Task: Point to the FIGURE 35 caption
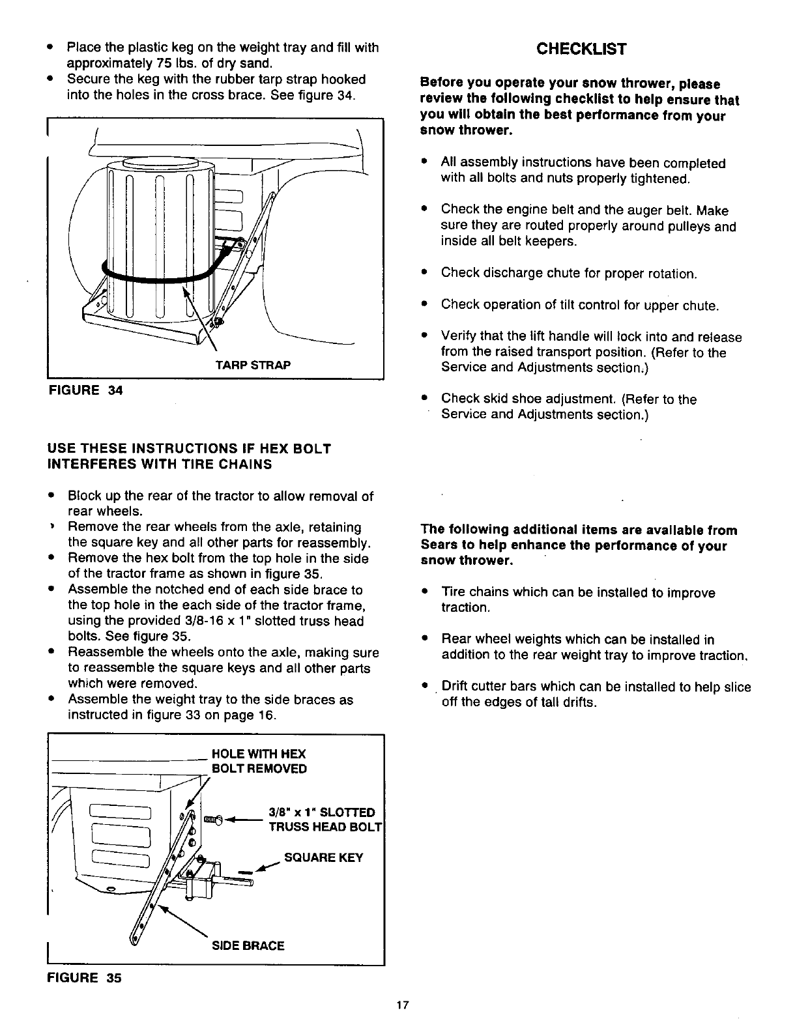83,978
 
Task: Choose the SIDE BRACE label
248,945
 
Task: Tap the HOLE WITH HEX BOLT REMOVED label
258,761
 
